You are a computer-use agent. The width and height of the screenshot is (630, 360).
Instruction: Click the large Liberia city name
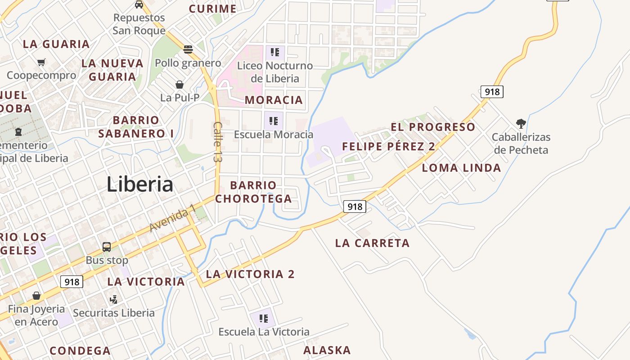(140, 184)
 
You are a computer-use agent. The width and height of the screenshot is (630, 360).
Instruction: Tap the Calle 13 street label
(218, 142)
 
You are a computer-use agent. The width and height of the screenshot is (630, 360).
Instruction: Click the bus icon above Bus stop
(107, 247)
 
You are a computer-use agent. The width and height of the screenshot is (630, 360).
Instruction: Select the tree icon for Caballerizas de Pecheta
(521, 123)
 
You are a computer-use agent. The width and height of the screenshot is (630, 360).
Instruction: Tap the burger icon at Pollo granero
(188, 49)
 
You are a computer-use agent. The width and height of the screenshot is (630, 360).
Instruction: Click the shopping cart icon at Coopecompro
(41, 62)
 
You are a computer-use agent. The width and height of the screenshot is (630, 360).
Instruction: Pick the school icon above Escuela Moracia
(274, 121)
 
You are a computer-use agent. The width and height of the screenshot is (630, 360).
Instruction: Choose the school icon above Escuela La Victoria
(264, 319)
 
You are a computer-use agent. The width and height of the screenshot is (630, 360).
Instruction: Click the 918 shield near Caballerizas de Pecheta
(491, 92)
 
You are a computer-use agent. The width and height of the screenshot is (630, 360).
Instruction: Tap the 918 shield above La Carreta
(355, 207)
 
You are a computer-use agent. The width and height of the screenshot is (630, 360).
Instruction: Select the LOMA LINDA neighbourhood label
(461, 168)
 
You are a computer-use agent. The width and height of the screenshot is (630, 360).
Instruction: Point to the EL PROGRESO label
(433, 127)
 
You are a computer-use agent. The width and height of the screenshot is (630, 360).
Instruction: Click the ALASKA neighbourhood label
(327, 350)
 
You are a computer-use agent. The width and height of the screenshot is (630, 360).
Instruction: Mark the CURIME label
(212, 9)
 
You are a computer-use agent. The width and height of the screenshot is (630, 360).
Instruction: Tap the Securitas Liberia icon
(114, 299)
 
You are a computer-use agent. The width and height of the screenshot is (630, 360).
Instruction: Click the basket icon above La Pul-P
(180, 85)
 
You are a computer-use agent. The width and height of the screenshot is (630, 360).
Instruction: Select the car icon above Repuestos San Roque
(139, 4)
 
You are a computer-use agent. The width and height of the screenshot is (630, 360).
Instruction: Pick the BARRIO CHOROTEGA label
(253, 192)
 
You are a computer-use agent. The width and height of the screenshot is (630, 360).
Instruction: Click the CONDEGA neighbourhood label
(80, 351)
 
